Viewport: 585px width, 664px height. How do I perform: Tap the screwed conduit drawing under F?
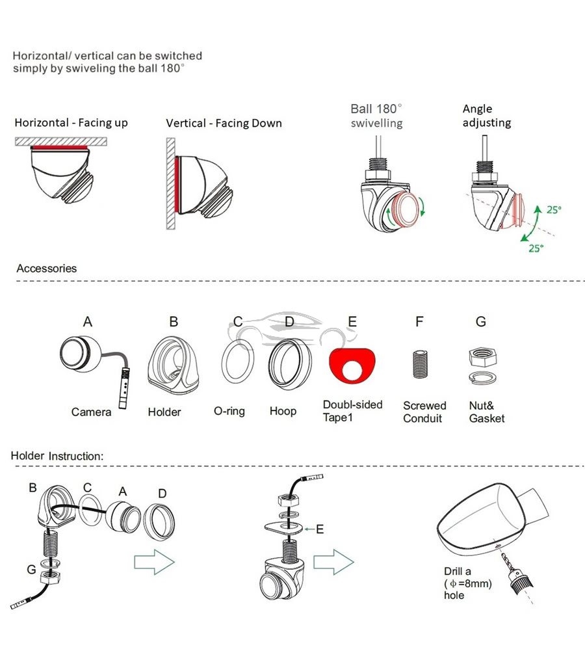(x=420, y=364)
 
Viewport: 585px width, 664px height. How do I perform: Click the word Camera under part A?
(x=91, y=412)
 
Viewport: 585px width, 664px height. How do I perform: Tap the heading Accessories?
(x=47, y=269)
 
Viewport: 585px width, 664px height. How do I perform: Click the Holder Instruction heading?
(x=57, y=456)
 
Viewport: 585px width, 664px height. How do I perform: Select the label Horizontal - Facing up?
(x=71, y=123)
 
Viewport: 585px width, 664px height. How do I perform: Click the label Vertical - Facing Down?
(x=224, y=123)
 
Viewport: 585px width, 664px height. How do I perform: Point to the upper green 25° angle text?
(x=554, y=209)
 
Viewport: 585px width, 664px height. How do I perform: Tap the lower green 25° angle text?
(x=536, y=248)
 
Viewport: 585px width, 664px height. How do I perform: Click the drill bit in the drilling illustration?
(x=508, y=561)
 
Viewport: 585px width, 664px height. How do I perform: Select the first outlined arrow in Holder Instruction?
(x=154, y=562)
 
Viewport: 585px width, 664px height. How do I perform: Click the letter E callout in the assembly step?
(x=320, y=529)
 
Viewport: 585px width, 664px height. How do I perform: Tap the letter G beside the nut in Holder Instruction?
(x=31, y=570)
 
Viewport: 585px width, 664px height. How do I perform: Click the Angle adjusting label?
(x=487, y=116)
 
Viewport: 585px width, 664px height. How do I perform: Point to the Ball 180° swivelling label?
(x=376, y=116)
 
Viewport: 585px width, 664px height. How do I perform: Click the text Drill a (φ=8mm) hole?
(x=468, y=583)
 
